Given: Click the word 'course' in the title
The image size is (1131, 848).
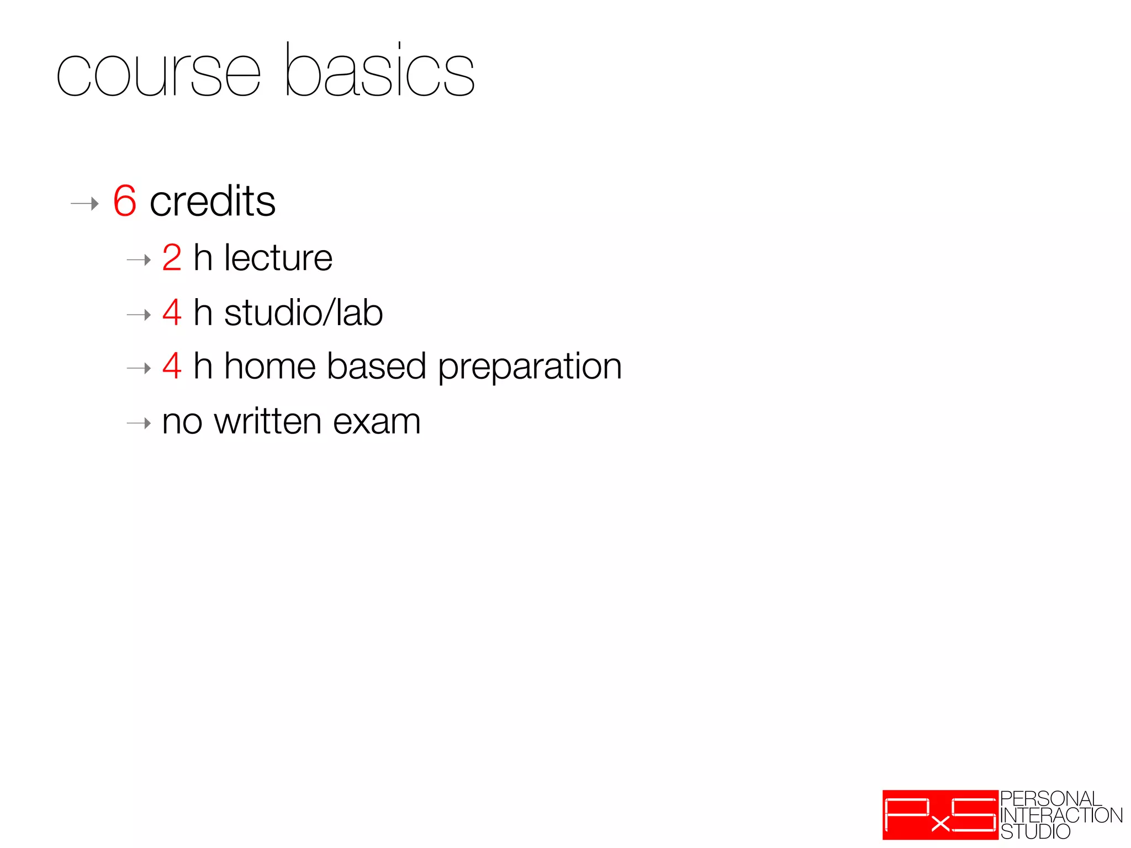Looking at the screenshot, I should tap(158, 75).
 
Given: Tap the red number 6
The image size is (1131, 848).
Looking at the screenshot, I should tap(125, 201).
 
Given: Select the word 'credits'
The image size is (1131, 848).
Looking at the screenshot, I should tap(213, 201).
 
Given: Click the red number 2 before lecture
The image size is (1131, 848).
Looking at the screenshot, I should tap(172, 258).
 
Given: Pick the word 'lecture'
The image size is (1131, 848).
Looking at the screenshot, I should tap(278, 258).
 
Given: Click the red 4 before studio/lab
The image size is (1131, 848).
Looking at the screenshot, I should tap(172, 312).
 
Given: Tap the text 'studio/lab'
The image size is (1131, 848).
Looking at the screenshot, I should tap(303, 312).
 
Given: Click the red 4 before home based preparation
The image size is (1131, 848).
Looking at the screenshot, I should tap(172, 366).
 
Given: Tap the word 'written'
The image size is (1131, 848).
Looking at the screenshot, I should tap(267, 422).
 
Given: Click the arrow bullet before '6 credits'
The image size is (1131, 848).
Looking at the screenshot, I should tap(84, 204).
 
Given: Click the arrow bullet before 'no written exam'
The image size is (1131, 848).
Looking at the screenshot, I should tap(139, 423).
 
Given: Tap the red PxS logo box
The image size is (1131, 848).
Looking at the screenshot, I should tap(940, 814).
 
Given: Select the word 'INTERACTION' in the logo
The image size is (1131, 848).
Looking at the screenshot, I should tap(1061, 815).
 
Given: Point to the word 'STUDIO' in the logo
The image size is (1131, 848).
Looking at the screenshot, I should tap(1035, 831).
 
